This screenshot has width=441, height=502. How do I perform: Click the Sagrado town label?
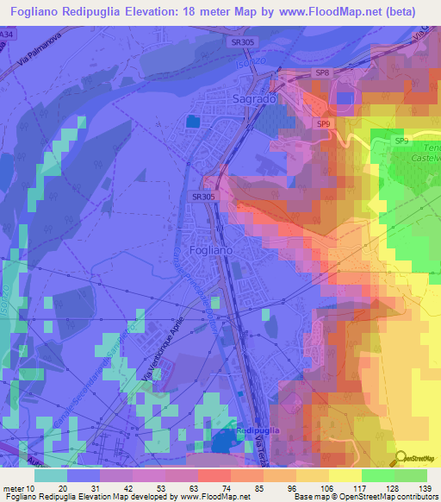(x=254, y=100)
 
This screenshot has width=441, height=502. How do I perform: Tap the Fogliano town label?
(x=211, y=249)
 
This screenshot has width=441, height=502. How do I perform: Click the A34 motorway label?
(x=7, y=33)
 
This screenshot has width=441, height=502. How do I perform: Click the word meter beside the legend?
(x=15, y=488)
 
